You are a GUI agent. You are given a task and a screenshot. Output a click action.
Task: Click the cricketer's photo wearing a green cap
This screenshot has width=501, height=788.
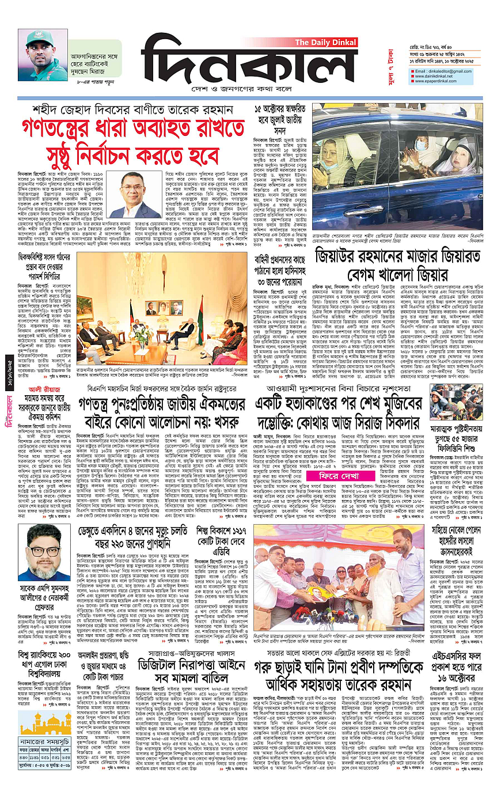(43, 55)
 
